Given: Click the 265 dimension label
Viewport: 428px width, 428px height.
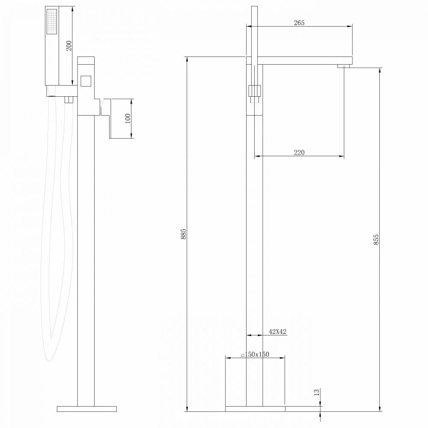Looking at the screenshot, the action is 299,23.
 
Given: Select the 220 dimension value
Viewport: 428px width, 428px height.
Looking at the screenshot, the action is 299,152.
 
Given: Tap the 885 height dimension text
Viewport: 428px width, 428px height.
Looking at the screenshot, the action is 184,234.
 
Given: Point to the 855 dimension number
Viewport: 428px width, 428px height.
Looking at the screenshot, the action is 376,239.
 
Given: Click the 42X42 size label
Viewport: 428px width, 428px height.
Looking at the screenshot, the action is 278,331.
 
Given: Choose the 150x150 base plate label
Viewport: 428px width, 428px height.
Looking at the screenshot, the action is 256,354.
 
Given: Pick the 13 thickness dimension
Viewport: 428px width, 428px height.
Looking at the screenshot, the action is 316,392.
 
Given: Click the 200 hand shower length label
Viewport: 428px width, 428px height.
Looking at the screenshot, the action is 69,46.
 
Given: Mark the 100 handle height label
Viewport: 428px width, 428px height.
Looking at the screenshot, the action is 128,119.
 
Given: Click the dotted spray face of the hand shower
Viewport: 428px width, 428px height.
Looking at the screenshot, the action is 52,21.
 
